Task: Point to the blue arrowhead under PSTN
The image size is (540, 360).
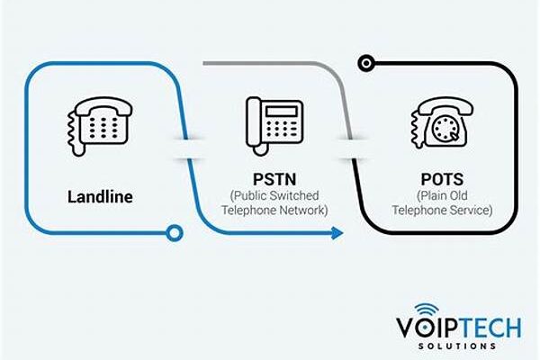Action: click(337, 233)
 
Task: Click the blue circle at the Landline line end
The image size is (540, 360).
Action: click(175, 233)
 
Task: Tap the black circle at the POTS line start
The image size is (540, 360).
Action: click(364, 63)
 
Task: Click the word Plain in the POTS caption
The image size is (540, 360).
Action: click(427, 195)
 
